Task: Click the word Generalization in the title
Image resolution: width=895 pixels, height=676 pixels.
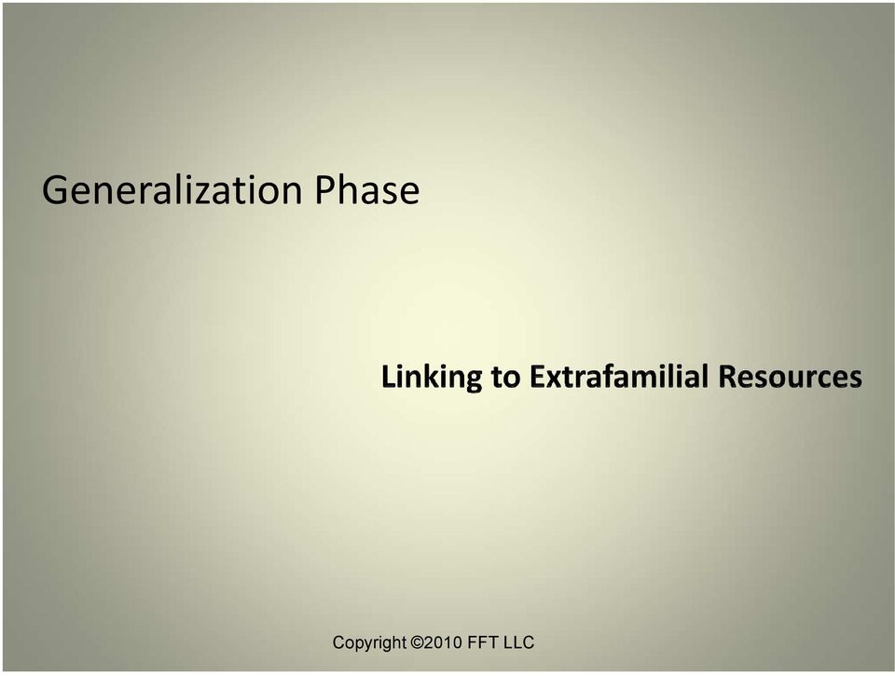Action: [172, 190]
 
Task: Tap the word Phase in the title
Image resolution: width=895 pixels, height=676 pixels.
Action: [367, 189]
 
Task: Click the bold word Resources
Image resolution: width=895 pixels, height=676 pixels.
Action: [791, 377]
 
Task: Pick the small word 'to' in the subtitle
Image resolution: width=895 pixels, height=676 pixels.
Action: [505, 377]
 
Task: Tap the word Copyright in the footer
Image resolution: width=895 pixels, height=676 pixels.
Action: [369, 642]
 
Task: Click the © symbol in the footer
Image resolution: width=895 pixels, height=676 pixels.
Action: [418, 642]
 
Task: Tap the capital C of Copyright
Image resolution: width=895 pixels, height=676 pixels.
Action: [337, 642]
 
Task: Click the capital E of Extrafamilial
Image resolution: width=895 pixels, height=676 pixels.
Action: [537, 377]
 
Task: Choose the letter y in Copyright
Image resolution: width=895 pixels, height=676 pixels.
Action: [365, 646]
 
